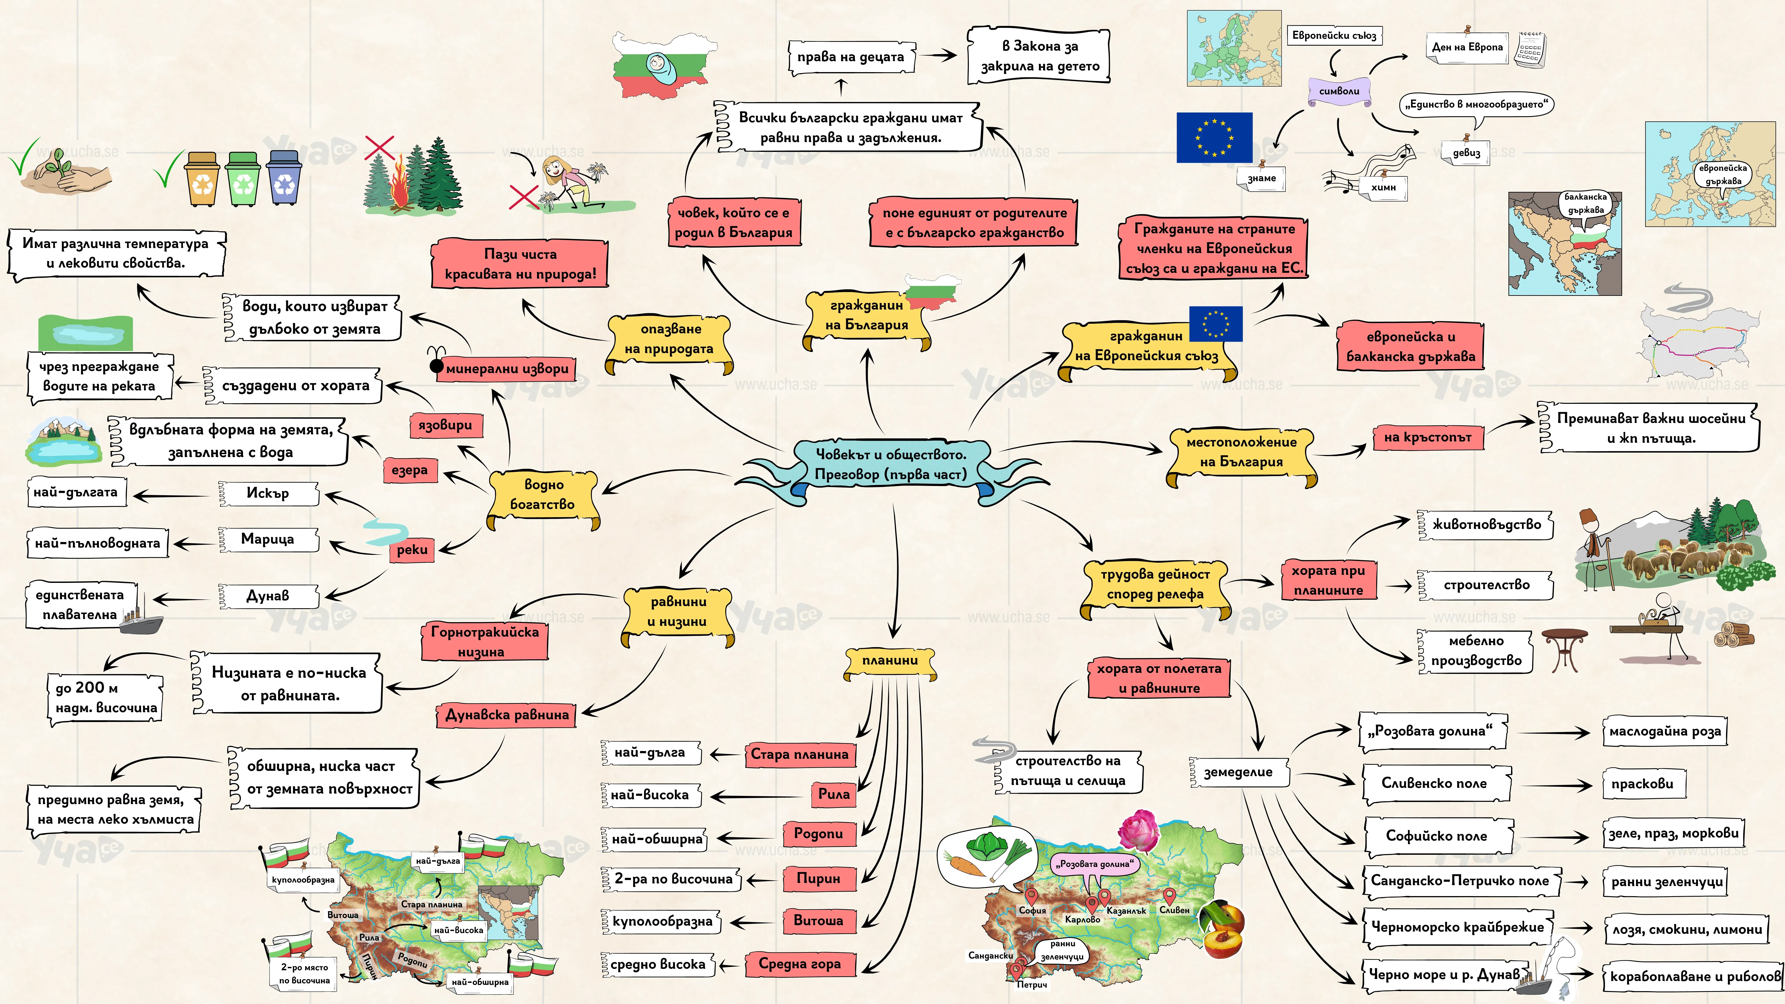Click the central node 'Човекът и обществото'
[x=891, y=464]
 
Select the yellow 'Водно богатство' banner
[x=543, y=495]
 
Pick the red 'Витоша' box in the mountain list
[x=818, y=921]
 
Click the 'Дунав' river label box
[x=268, y=596]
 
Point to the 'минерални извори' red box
[x=506, y=369]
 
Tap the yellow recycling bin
[x=202, y=179]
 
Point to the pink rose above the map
[x=1138, y=831]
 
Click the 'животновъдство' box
[x=1486, y=524]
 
